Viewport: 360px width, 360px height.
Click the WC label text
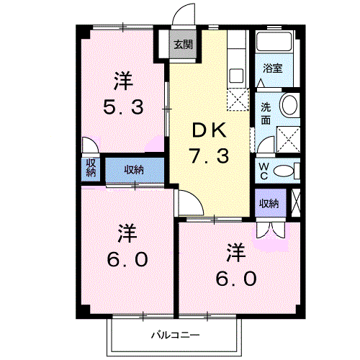264,170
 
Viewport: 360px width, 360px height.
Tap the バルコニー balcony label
175,335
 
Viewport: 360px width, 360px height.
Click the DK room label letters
208,131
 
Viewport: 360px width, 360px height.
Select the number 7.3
209,156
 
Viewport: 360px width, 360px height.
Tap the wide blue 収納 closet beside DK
133,170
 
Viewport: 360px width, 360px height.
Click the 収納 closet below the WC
269,204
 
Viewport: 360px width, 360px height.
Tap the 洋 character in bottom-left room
127,233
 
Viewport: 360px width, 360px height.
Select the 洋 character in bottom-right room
235,253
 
